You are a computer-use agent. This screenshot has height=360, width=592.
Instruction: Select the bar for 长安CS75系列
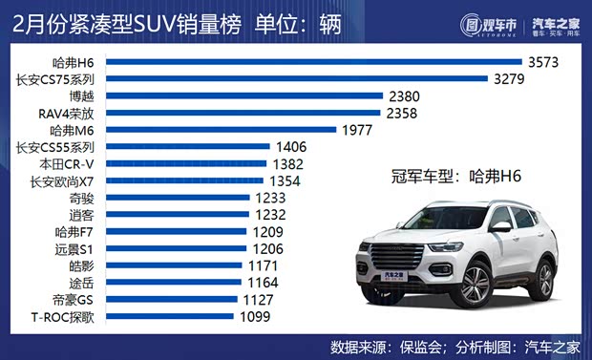point(295,79)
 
